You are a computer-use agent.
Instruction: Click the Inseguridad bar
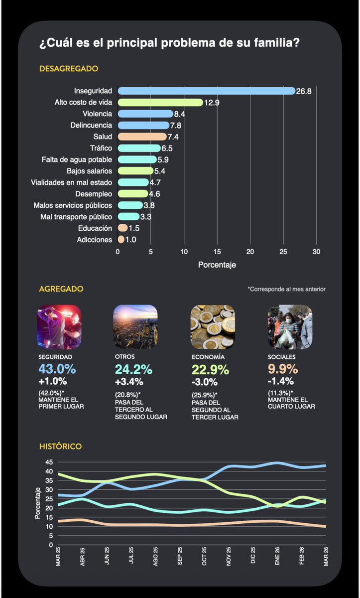[207, 91]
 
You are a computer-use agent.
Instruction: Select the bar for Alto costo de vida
[160, 102]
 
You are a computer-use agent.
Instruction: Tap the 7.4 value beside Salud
[174, 137]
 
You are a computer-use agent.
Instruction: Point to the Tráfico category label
[101, 148]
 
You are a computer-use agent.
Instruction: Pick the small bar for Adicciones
[121, 239]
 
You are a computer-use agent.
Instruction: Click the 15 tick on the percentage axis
[217, 251]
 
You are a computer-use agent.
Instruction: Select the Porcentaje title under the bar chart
[217, 265]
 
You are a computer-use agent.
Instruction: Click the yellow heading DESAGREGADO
[69, 69]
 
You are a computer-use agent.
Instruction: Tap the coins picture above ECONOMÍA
[213, 326]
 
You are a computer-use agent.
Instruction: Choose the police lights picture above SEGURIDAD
[59, 326]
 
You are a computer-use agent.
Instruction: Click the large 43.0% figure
[57, 369]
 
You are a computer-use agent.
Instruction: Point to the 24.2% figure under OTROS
[133, 369]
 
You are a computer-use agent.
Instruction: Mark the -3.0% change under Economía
[204, 382]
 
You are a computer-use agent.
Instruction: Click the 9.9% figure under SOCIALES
[283, 369]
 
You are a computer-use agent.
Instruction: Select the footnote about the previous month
[286, 289]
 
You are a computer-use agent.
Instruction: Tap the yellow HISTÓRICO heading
[60, 447]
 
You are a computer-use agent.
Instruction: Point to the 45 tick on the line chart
[48, 461]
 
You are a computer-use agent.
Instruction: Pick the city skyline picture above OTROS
[135, 326]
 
